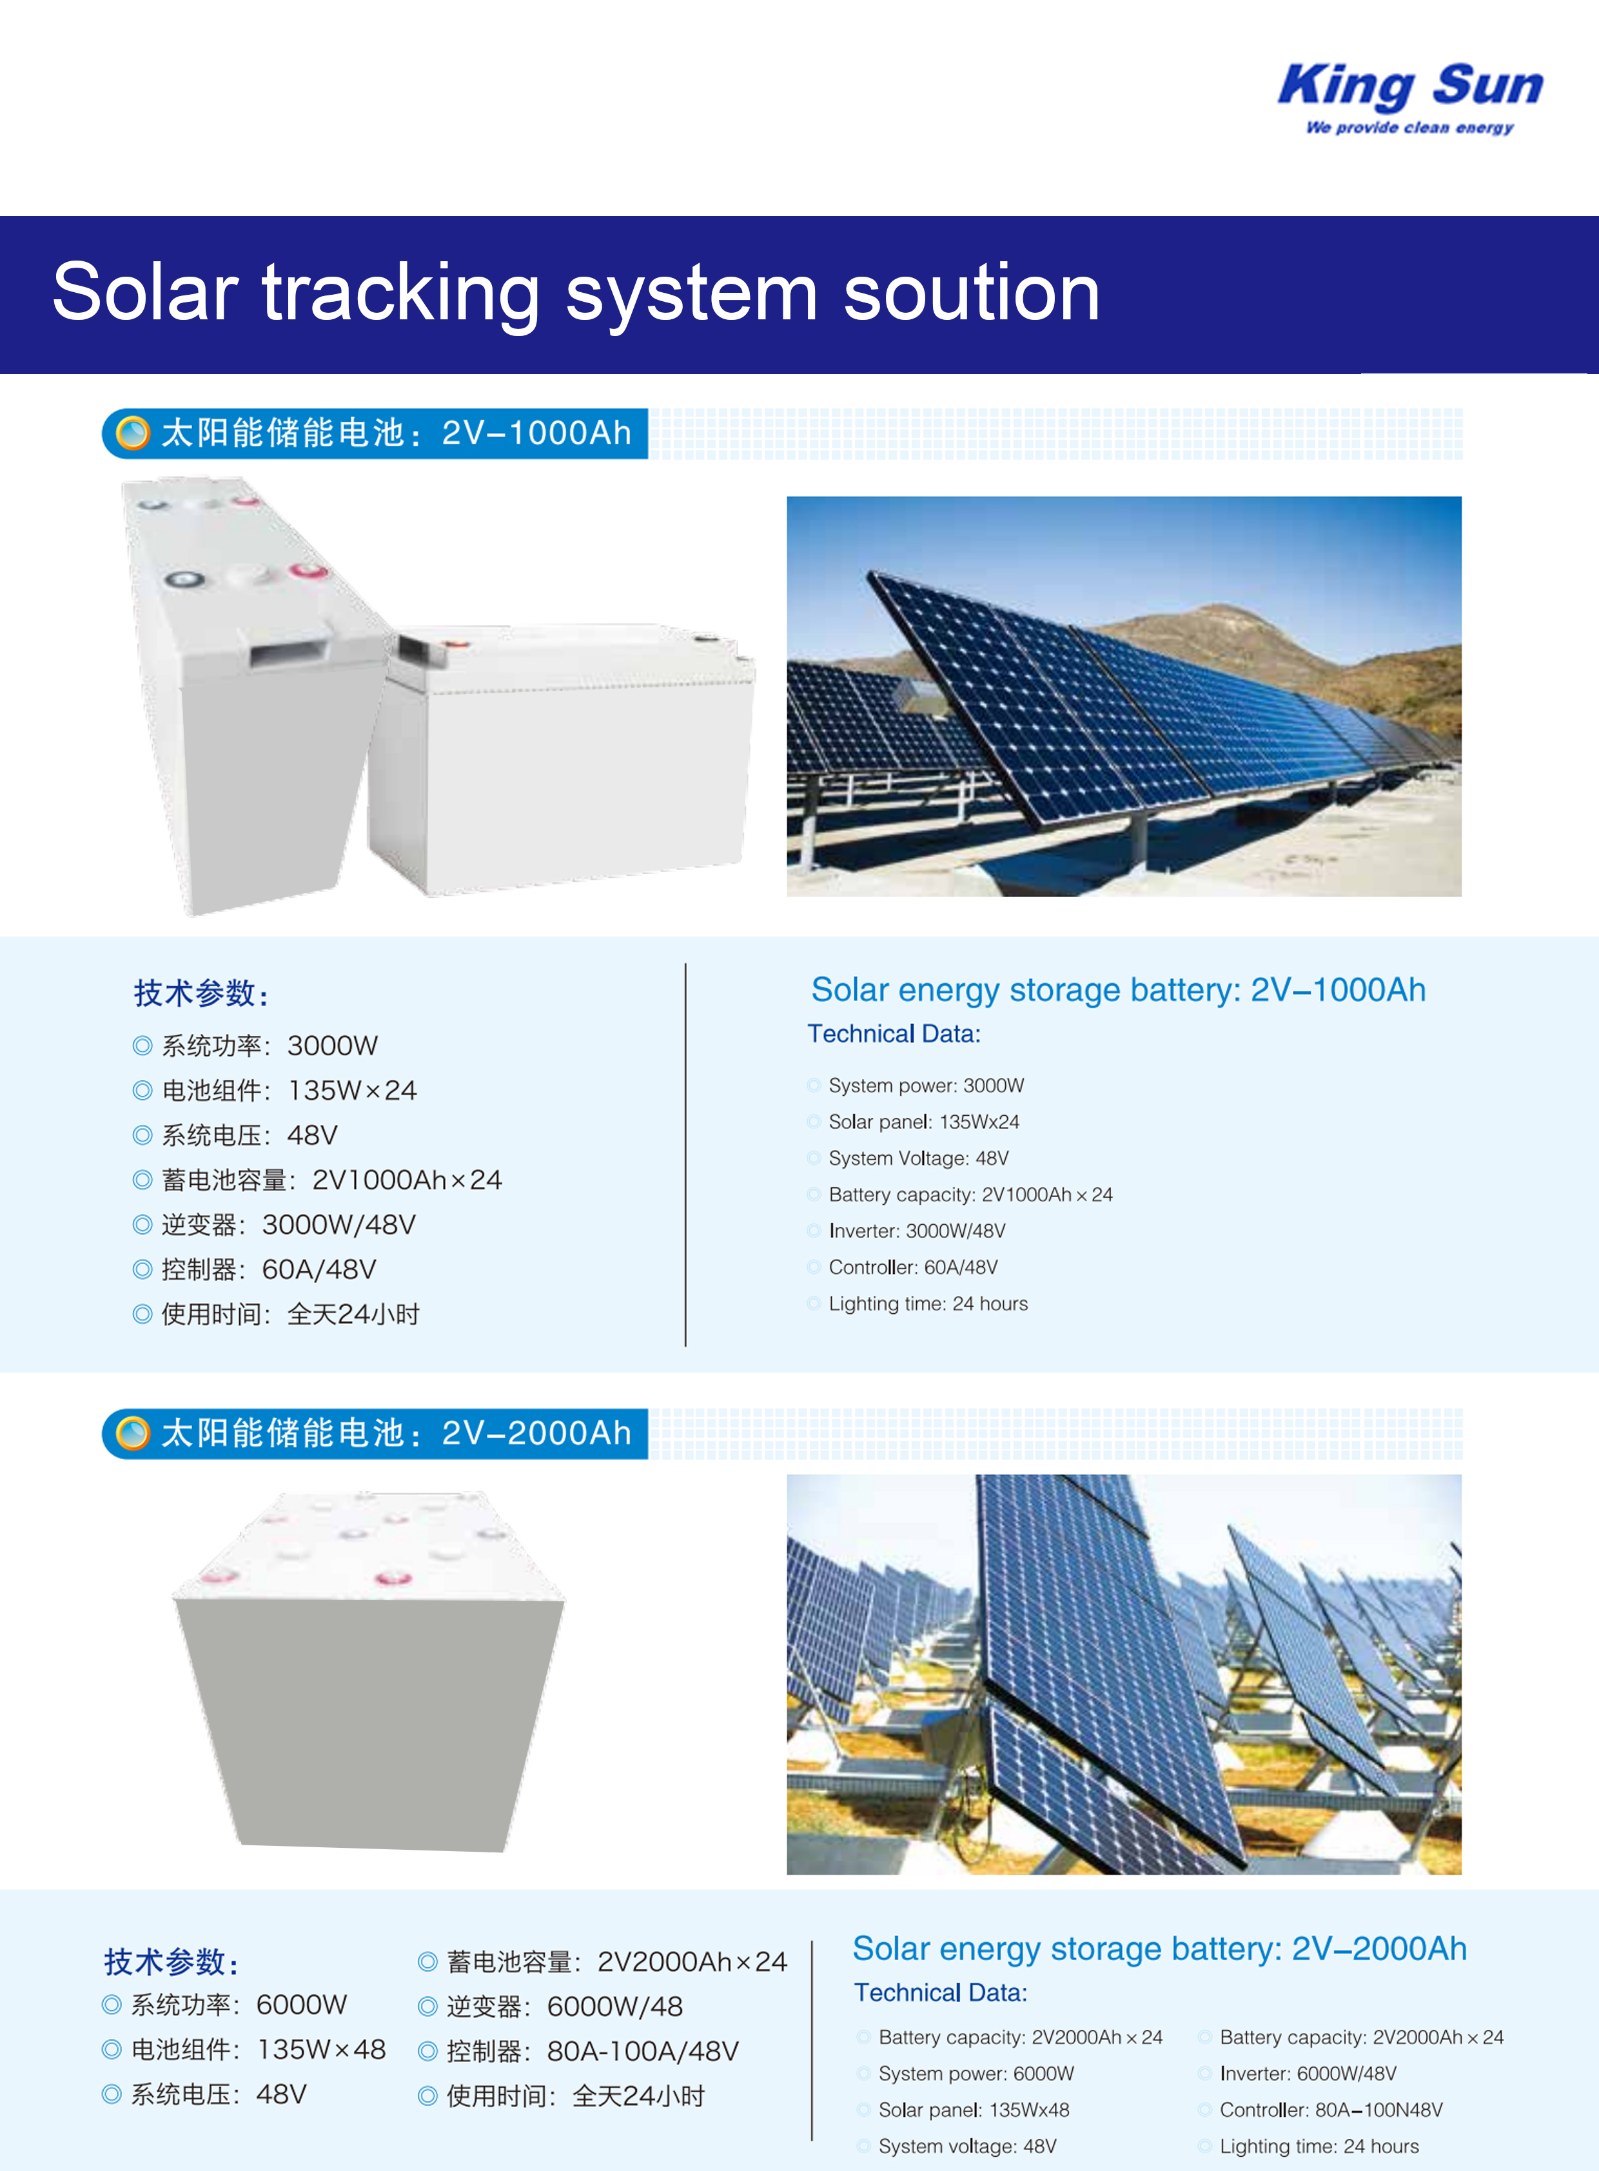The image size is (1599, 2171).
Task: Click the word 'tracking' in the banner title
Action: point(401,293)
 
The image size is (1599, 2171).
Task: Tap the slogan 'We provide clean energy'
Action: point(1409,127)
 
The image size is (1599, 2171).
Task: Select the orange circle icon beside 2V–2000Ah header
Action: point(133,1433)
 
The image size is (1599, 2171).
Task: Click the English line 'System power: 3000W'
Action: point(925,1085)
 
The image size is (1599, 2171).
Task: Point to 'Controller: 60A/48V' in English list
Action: point(913,1267)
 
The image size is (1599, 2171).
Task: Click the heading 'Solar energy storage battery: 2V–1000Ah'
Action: point(1118,989)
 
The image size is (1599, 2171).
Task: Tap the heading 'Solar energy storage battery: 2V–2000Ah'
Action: point(1159,1948)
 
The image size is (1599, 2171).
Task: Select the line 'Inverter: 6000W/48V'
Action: point(1308,2073)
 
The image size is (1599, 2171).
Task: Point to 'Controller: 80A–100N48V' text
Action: point(1331,2110)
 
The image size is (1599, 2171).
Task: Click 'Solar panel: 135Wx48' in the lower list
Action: point(974,2110)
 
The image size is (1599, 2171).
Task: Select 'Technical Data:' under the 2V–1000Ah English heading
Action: point(894,1034)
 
